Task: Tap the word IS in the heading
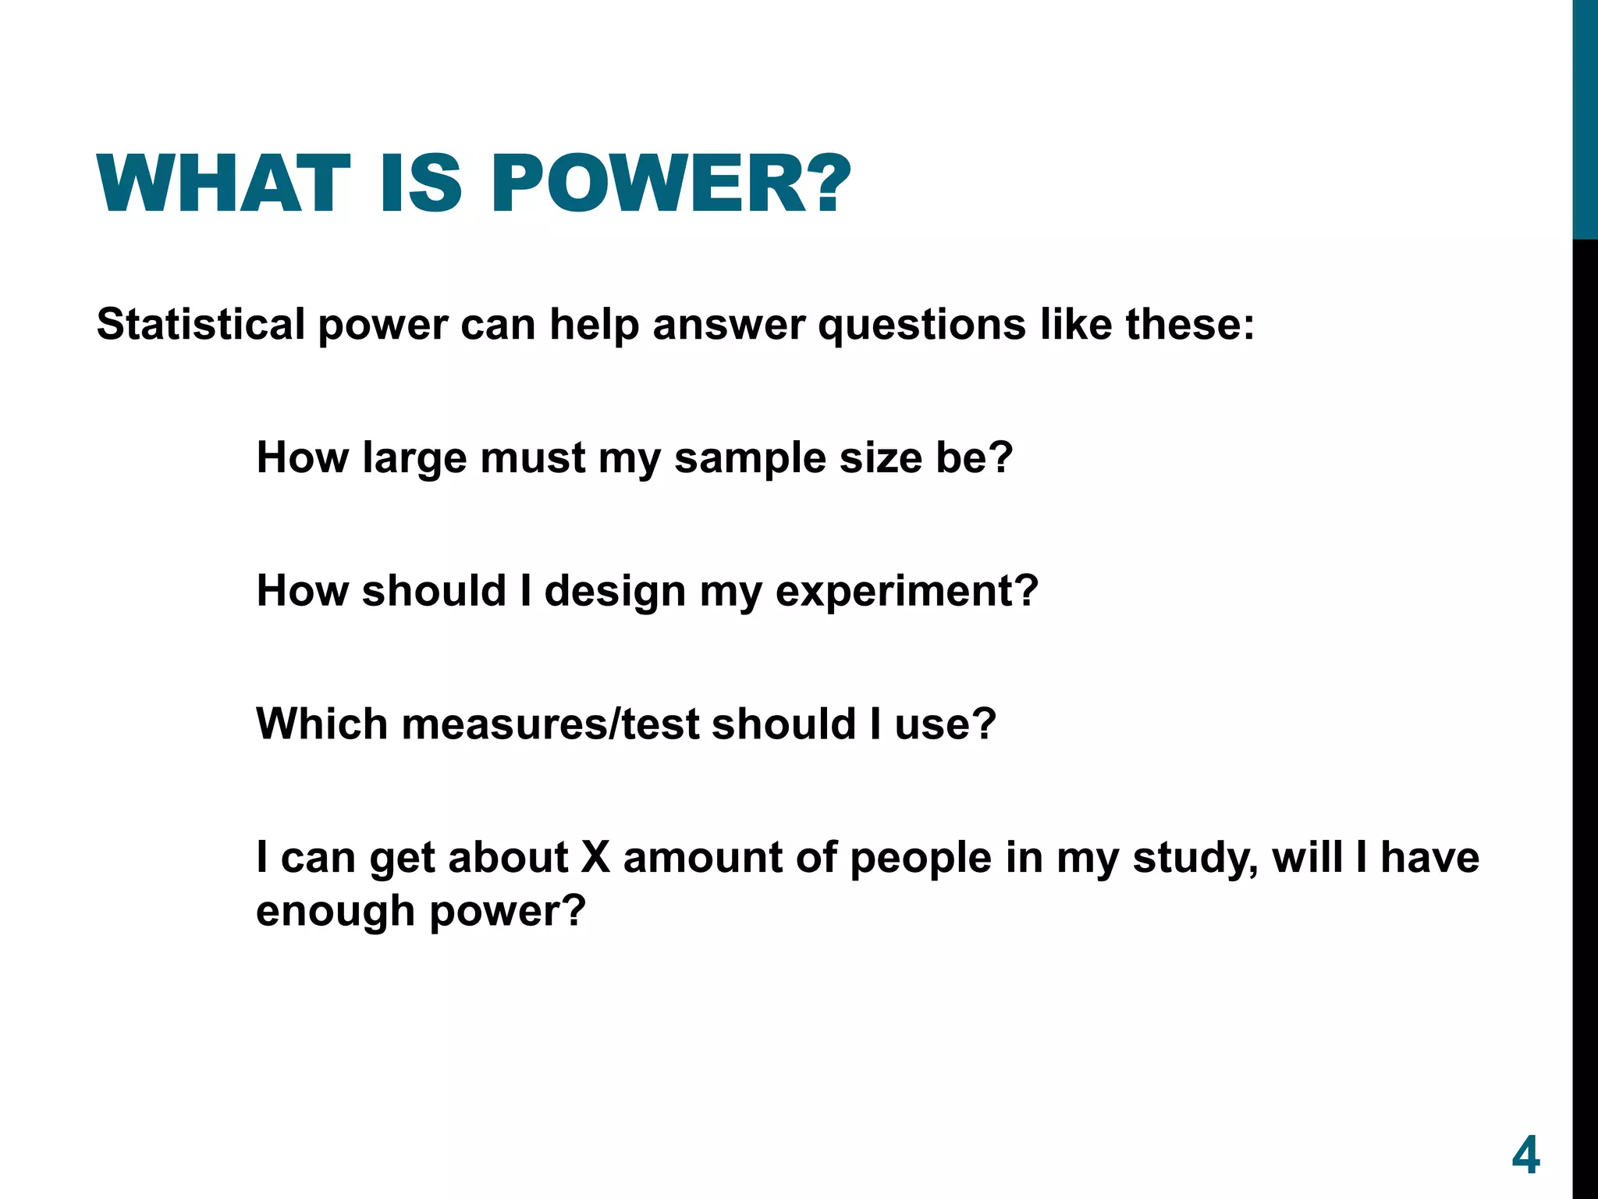coord(421,184)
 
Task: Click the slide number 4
coord(1525,1155)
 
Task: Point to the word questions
coord(922,326)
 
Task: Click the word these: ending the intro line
coord(1190,324)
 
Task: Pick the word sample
coord(750,459)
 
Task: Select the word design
coord(615,592)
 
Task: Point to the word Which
coord(321,724)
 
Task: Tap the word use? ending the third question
coord(945,724)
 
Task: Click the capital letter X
coord(595,857)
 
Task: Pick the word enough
coord(336,912)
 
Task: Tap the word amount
coord(702,857)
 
